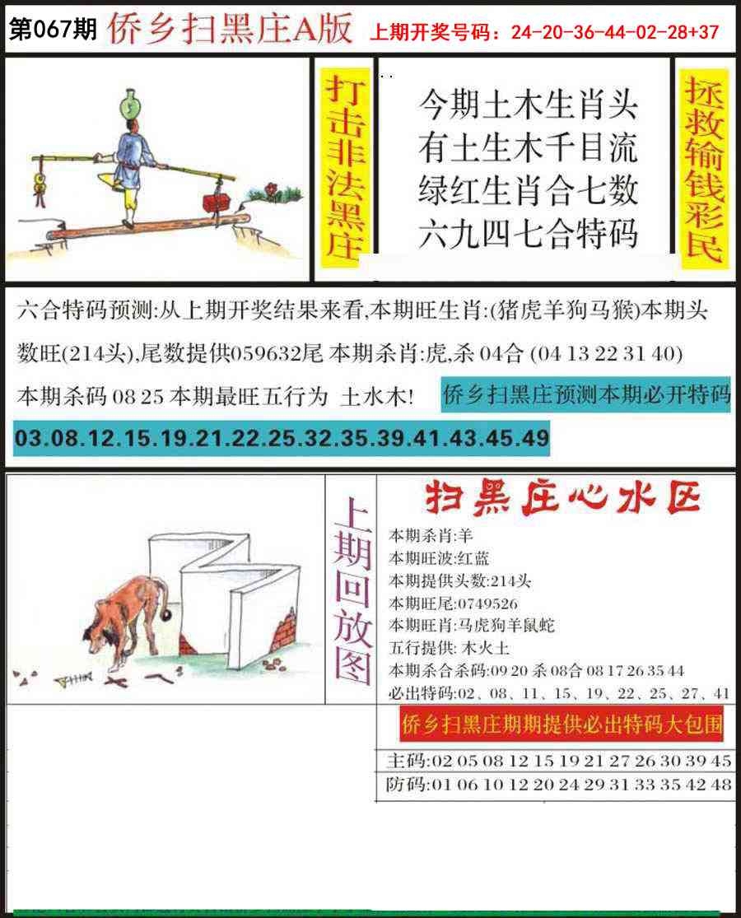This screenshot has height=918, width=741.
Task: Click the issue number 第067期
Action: click(53, 29)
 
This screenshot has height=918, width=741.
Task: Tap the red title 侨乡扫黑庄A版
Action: click(230, 27)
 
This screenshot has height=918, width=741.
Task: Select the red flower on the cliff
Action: click(271, 189)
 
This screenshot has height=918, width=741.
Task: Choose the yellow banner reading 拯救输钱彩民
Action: click(704, 169)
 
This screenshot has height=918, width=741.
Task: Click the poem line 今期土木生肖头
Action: click(528, 105)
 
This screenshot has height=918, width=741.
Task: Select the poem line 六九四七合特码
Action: click(528, 233)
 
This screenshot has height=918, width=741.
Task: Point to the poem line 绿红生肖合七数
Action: click(528, 190)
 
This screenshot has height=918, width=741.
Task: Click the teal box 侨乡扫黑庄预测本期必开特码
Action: click(585, 394)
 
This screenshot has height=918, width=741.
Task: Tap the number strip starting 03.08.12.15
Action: click(282, 438)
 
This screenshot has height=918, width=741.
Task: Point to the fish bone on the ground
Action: click(73, 679)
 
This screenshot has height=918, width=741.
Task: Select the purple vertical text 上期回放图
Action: click(352, 590)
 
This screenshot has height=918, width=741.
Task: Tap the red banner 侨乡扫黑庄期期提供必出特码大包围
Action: click(562, 725)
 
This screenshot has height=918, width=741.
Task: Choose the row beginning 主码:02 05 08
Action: click(559, 761)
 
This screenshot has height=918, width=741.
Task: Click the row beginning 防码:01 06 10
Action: click(559, 784)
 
